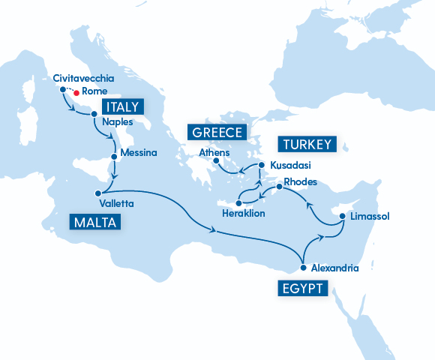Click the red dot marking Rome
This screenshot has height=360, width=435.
coord(76,93)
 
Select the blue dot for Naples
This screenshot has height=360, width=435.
coord(94,114)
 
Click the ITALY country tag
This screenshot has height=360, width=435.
coord(121,106)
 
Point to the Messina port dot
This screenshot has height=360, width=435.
coord(114,156)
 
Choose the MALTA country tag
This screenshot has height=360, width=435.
coord(95,222)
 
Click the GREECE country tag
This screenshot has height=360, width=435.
coord(217,133)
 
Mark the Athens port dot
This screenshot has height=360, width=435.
coord(216,160)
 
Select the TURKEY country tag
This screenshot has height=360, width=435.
coord(307,144)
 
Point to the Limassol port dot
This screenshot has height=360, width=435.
coord(342,217)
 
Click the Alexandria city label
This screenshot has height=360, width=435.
coord(334,268)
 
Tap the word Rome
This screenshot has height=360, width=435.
coord(93,93)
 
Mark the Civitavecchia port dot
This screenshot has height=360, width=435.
coord(62,89)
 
